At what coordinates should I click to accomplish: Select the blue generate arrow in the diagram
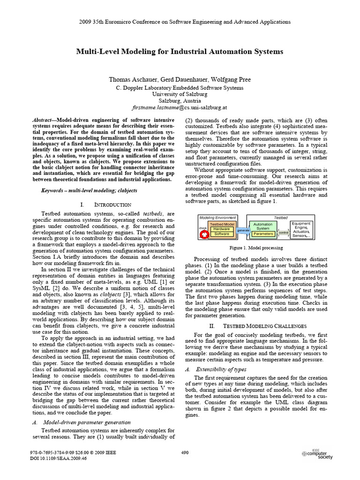click(243, 231)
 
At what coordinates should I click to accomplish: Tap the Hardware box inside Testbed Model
click(223, 229)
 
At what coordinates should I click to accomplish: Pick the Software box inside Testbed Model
click(223, 233)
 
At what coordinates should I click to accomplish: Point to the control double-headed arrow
click(284, 232)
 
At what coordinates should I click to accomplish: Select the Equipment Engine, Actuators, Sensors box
click(301, 230)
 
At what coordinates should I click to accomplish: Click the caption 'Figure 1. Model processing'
click(256, 247)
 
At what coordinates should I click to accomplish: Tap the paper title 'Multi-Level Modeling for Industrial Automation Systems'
click(180, 52)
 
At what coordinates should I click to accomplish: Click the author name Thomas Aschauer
click(132, 80)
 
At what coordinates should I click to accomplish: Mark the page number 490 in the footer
click(184, 452)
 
